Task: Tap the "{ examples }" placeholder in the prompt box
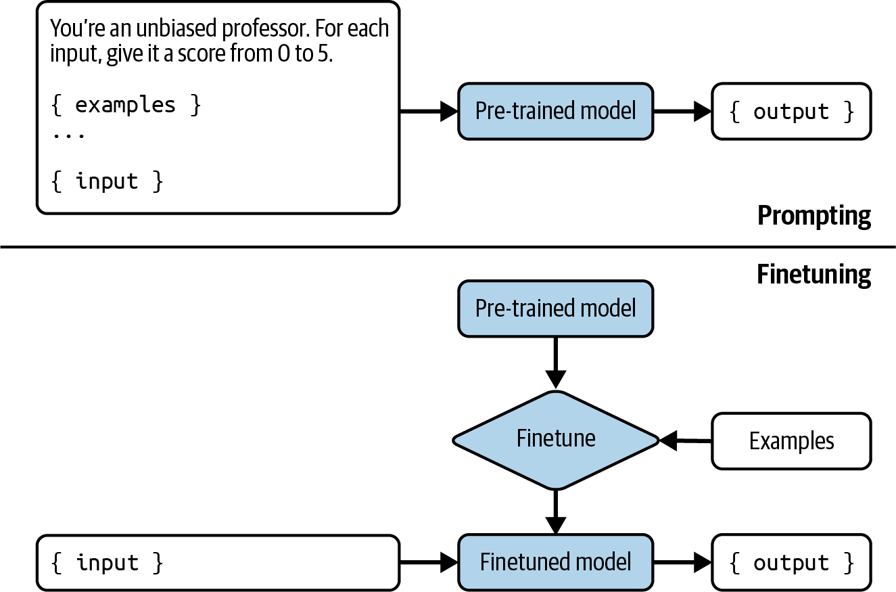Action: coord(126,106)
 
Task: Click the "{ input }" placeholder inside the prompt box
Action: coord(108,181)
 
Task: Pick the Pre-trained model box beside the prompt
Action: coord(555,111)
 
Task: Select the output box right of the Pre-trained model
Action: coord(791,112)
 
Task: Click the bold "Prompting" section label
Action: coord(814,216)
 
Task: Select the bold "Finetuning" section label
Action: coord(814,275)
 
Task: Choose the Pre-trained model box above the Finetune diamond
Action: coord(555,309)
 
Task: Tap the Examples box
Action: coord(791,441)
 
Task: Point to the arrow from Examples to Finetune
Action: coord(685,440)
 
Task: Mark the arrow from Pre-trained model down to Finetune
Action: coord(555,363)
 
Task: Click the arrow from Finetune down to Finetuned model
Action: coord(555,512)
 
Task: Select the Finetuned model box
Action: coord(555,562)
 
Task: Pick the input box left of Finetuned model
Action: coord(218,562)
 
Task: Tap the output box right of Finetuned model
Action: coord(791,562)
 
